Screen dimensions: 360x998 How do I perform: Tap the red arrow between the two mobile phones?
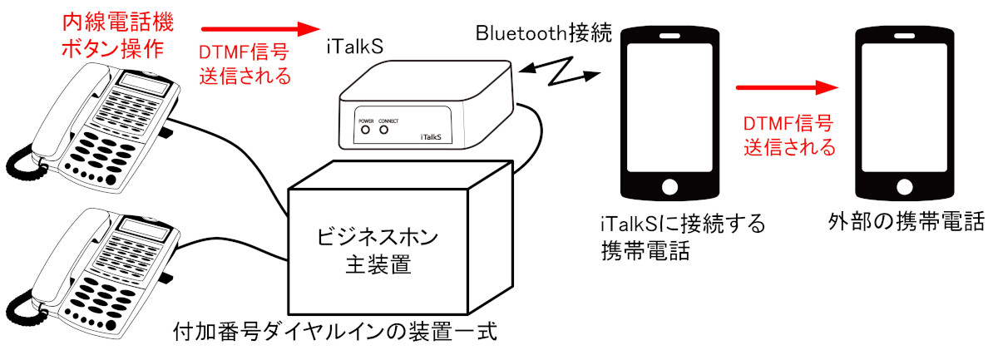[x=786, y=86]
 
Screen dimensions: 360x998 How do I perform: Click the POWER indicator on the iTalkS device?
[x=365, y=130]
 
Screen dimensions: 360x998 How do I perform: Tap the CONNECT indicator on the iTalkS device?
[x=384, y=130]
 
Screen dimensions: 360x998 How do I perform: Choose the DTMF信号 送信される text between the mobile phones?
[x=787, y=136]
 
